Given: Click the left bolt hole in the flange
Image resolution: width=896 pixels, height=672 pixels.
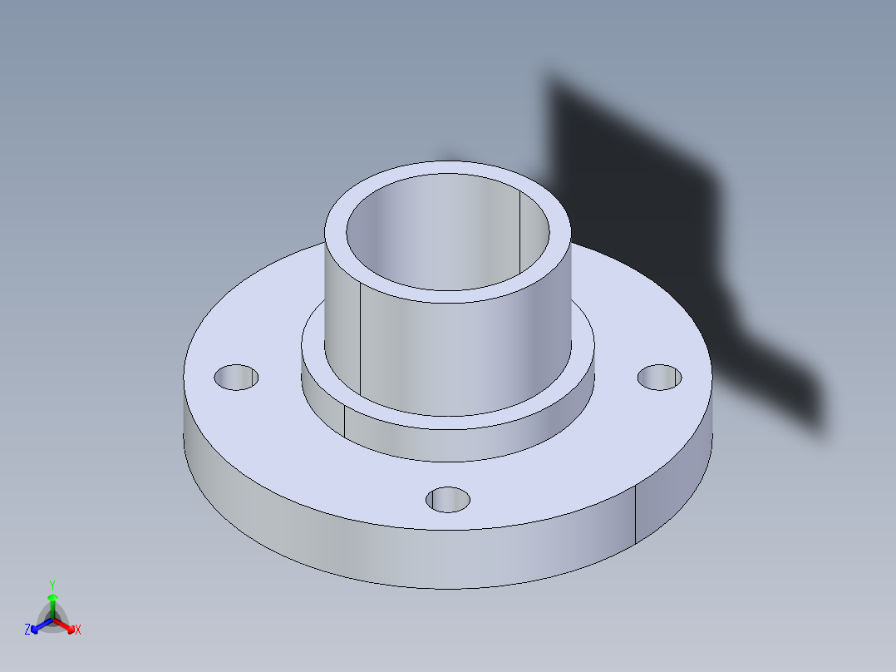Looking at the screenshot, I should point(236,377).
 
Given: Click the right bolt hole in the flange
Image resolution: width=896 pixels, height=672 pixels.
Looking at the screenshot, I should point(660,377).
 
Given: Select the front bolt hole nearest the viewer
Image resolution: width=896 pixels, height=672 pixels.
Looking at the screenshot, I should point(448,499).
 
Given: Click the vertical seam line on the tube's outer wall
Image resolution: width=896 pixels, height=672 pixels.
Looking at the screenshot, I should point(360,341).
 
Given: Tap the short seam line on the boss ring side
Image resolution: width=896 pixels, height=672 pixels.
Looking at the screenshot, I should point(344,421).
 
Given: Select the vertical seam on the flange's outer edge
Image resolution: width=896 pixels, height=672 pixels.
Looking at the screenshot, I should point(636,516).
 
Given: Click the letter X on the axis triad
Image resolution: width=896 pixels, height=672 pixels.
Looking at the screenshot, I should point(78,630).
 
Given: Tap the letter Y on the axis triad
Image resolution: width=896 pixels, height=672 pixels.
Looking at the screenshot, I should point(52,585).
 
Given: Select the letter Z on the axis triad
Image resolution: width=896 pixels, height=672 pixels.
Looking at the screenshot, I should point(27,630).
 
